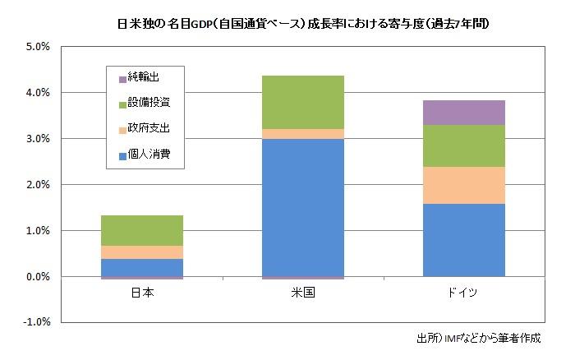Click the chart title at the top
tap(287, 24)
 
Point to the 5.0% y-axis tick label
tap(38, 47)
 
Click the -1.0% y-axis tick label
tap(36, 323)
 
